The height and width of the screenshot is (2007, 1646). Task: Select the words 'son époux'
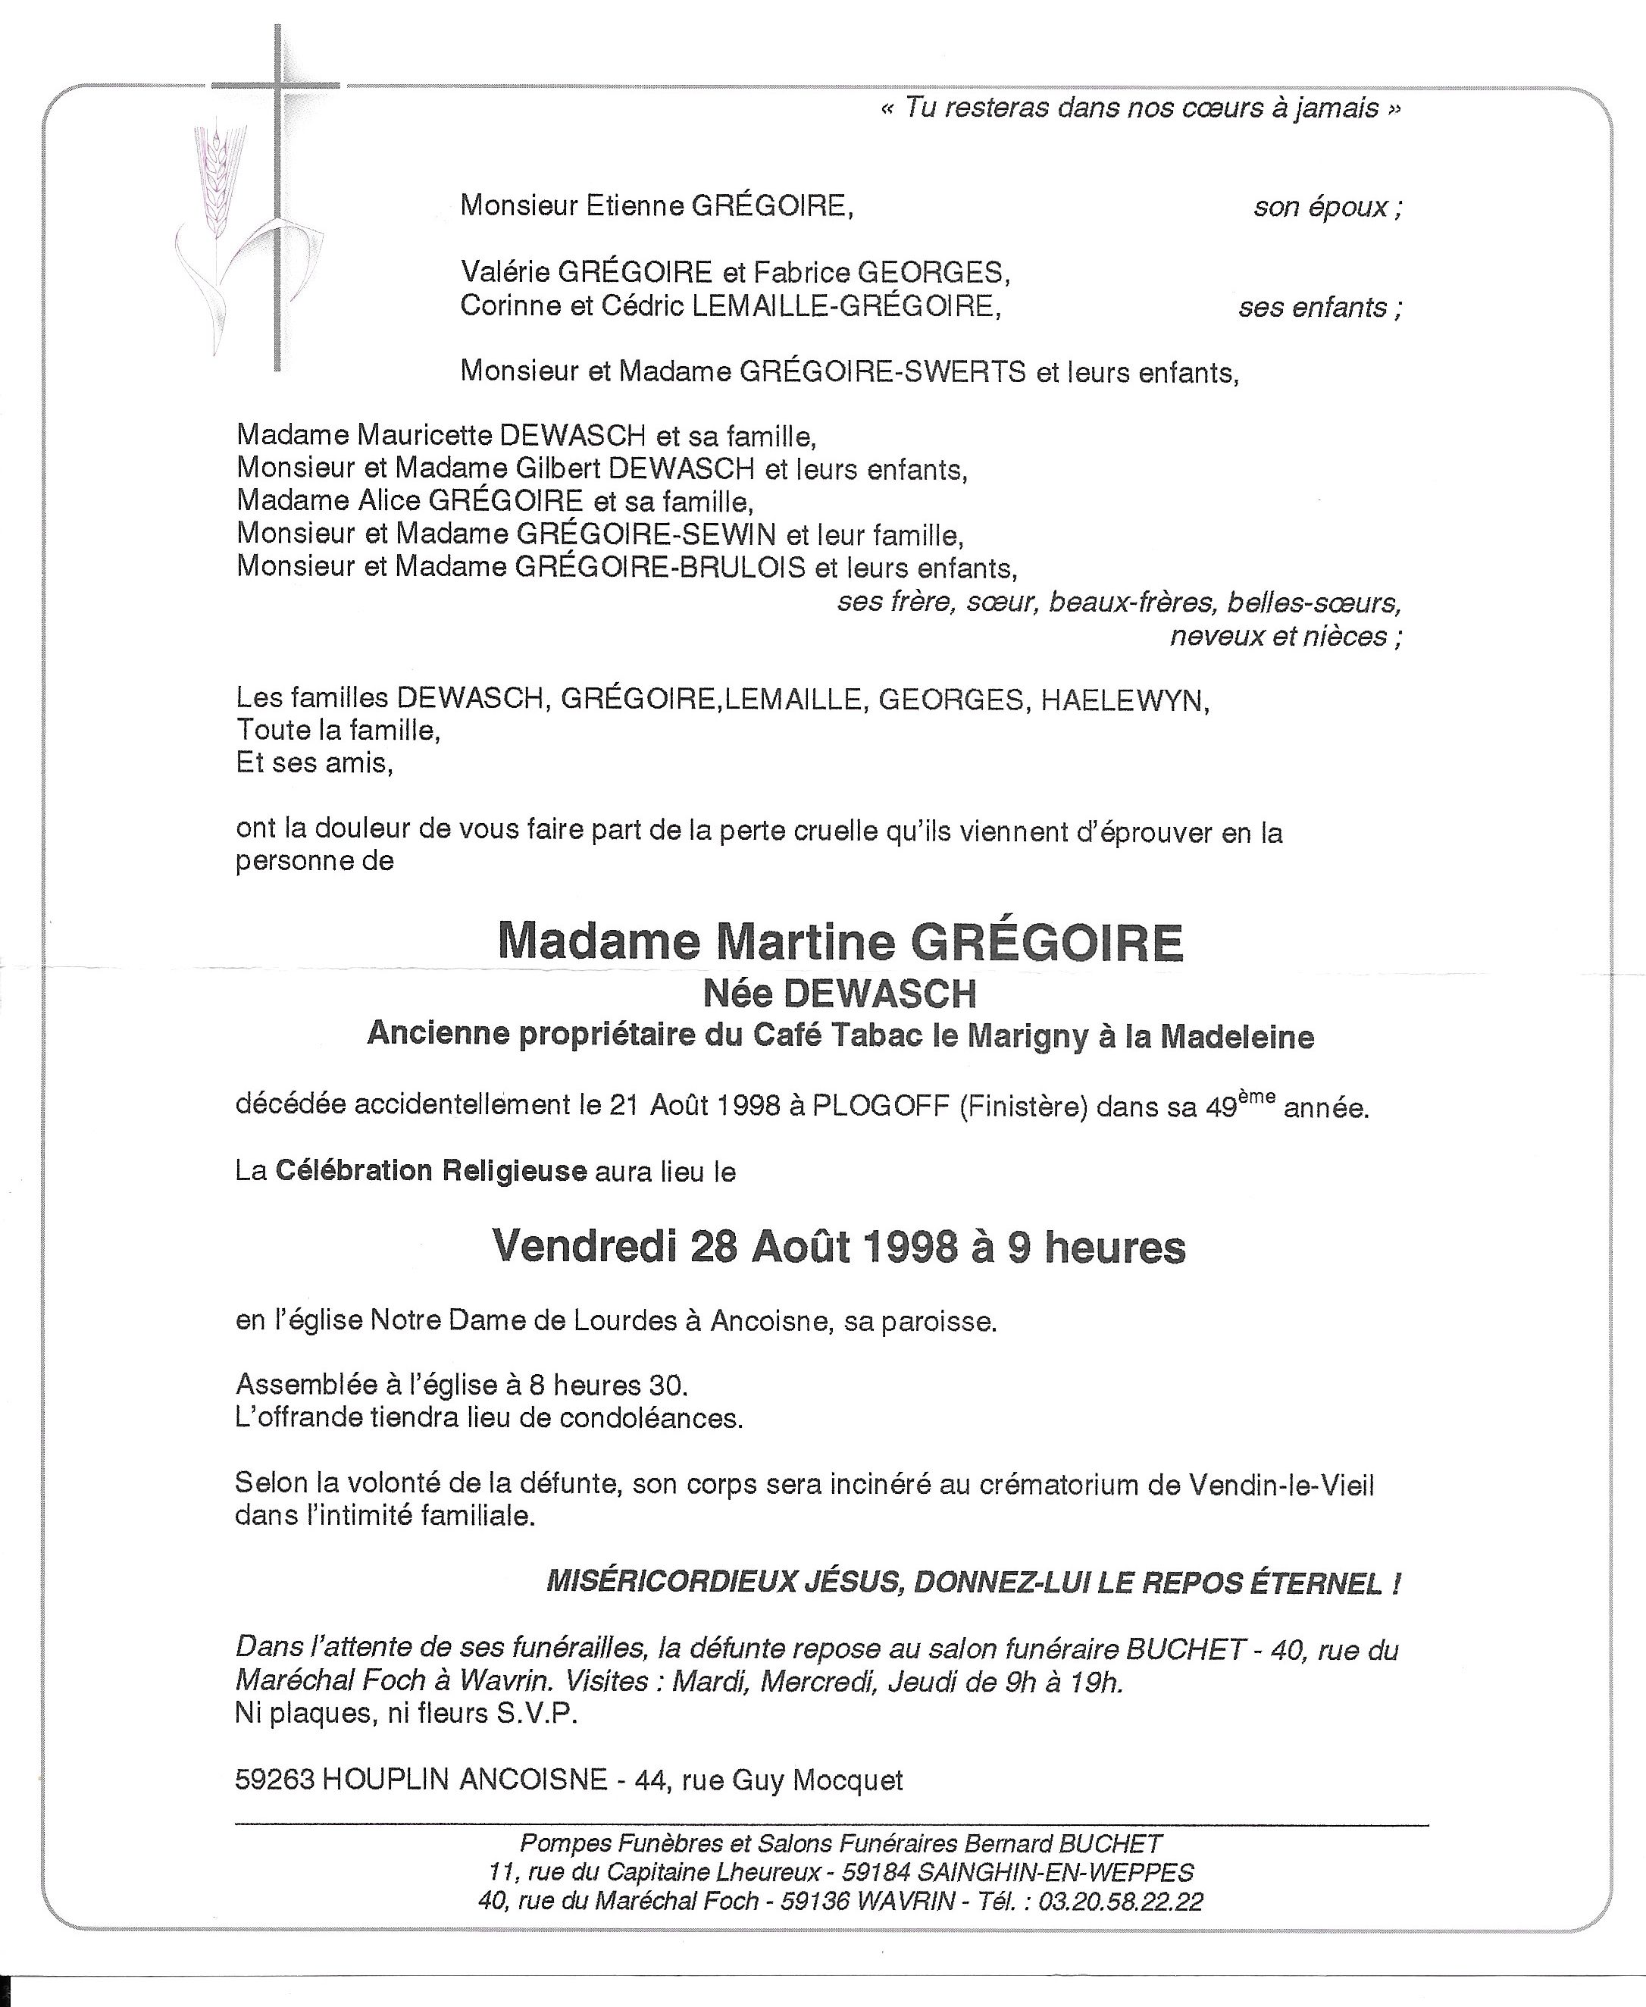(x=1326, y=207)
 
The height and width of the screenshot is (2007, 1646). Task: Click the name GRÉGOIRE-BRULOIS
(x=660, y=568)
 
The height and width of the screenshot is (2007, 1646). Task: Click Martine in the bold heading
(x=806, y=941)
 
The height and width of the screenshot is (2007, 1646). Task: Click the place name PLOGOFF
(x=881, y=1107)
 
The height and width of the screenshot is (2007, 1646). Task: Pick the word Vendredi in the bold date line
(x=582, y=1247)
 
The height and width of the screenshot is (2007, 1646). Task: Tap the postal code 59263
(x=275, y=1780)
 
